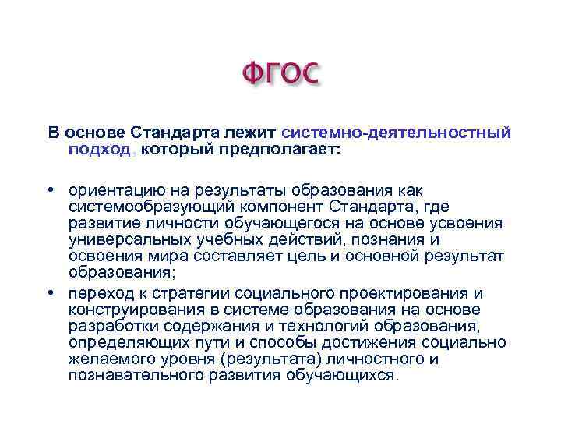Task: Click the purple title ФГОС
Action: click(280, 75)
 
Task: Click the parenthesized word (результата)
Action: click(268, 359)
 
